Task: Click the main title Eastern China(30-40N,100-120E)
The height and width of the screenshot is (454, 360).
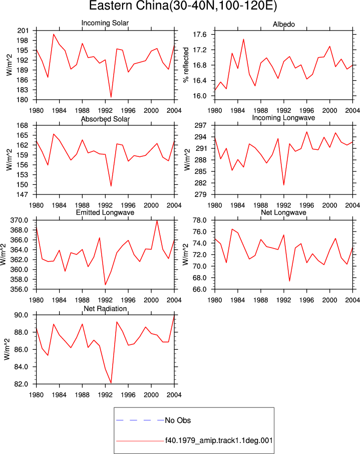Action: [183, 6]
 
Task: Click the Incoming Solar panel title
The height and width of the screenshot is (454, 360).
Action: [105, 23]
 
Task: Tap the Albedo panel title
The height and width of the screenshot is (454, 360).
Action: [283, 25]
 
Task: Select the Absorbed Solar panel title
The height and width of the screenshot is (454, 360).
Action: [105, 119]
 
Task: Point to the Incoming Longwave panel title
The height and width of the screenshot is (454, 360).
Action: [283, 118]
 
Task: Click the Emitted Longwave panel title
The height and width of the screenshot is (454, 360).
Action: [105, 212]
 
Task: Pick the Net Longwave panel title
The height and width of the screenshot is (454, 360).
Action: [283, 212]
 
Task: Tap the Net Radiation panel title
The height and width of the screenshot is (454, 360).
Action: [105, 309]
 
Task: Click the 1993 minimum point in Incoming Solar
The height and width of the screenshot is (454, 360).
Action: [111, 97]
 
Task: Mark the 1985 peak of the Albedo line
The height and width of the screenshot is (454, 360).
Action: [243, 39]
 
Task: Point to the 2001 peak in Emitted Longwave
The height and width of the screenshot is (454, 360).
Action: [157, 220]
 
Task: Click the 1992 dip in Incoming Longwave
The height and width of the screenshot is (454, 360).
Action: [283, 185]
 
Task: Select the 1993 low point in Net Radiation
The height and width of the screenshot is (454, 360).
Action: [111, 383]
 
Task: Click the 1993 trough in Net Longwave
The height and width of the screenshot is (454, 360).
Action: [289, 281]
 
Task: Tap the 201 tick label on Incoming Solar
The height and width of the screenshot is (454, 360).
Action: [23, 31]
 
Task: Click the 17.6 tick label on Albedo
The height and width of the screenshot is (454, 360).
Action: [200, 35]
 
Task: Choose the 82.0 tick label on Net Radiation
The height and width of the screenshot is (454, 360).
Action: [21, 384]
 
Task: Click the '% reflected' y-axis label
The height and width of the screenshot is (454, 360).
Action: [186, 65]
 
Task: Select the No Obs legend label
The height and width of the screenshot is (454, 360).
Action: [178, 420]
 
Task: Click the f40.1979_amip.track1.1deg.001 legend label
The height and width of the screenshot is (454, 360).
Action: [219, 440]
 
